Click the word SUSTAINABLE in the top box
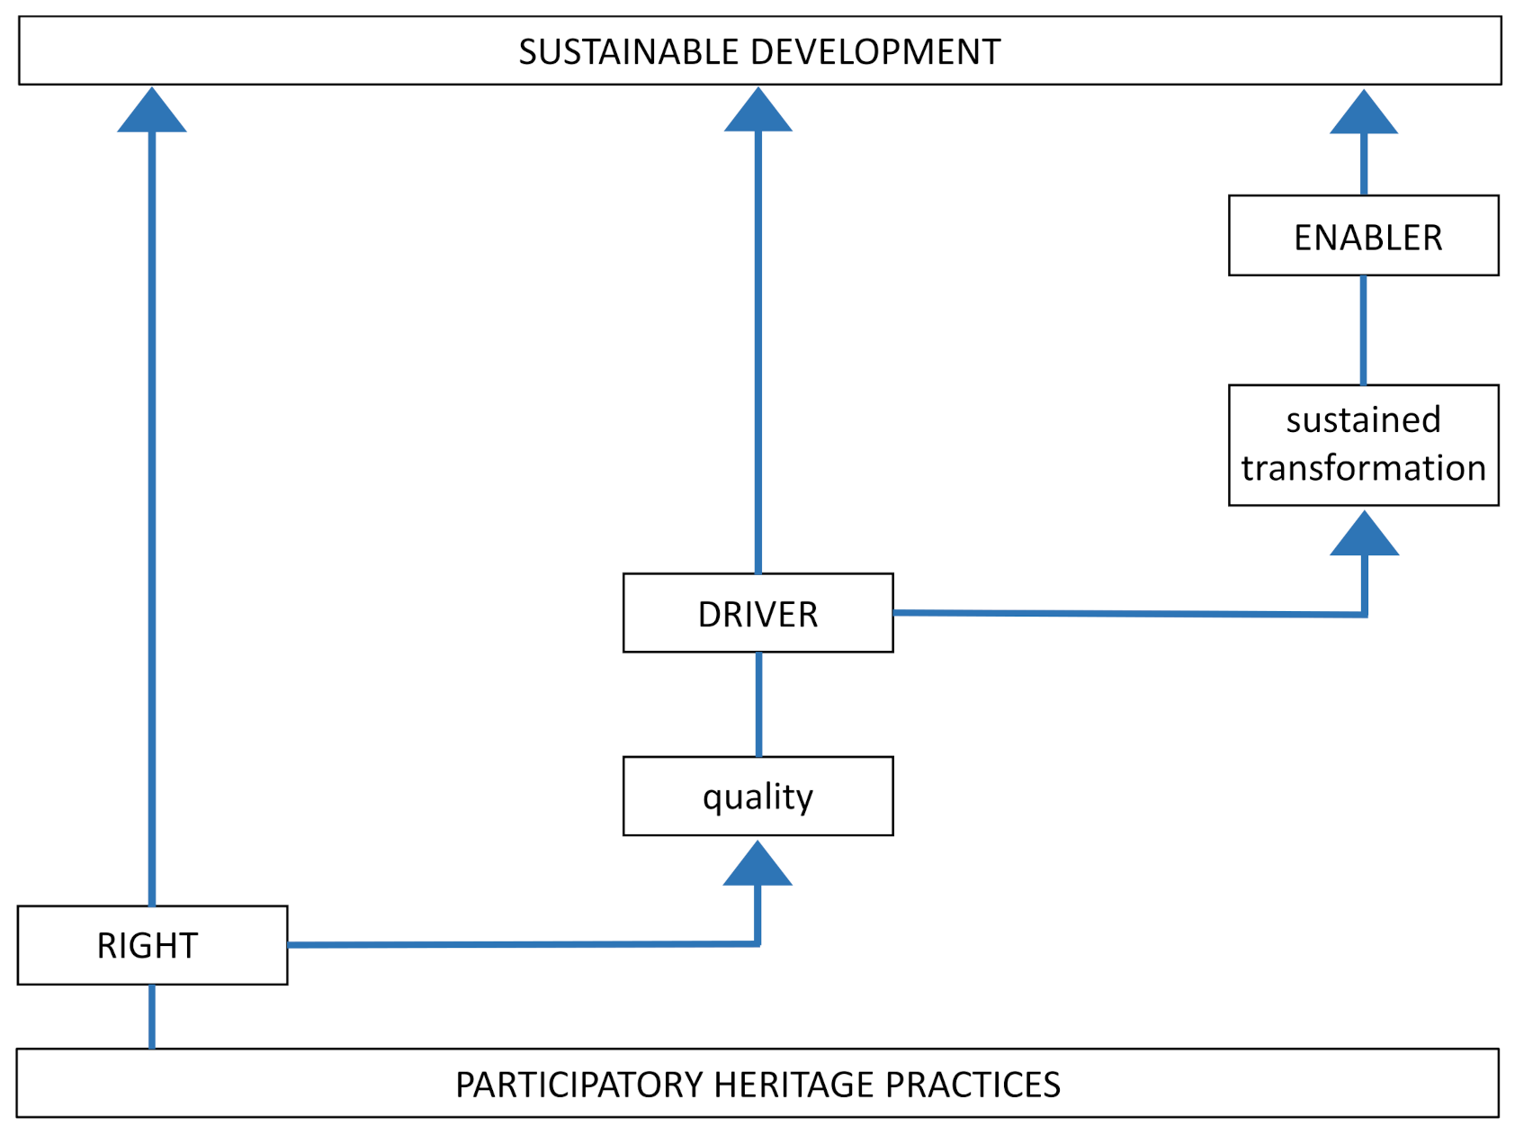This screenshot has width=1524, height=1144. pyautogui.click(x=628, y=52)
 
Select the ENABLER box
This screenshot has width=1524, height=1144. pyautogui.click(x=1363, y=236)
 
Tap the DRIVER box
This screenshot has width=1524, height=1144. pyautogui.click(x=758, y=614)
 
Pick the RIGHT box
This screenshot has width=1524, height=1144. pyautogui.click(x=151, y=945)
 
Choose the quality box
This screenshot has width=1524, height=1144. pyautogui.click(x=758, y=797)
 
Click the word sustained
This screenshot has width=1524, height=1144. pyautogui.click(x=1363, y=420)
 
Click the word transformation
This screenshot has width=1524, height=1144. pyautogui.click(x=1363, y=468)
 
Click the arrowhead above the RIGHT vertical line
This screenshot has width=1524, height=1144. pyautogui.click(x=152, y=113)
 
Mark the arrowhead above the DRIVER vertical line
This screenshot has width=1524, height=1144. pyautogui.click(x=758, y=113)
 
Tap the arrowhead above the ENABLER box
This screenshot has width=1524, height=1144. pyautogui.click(x=1364, y=114)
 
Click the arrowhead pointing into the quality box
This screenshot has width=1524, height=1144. pyautogui.click(x=758, y=866)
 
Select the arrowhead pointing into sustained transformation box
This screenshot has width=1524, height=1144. pyautogui.click(x=1364, y=536)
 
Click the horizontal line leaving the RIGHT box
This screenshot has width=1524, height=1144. pyautogui.click(x=522, y=944)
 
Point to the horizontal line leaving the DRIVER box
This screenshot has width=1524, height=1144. pyautogui.click(x=1125, y=614)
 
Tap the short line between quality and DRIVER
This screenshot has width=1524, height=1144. pyautogui.click(x=759, y=704)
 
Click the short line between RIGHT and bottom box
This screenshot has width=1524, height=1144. pyautogui.click(x=152, y=1016)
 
